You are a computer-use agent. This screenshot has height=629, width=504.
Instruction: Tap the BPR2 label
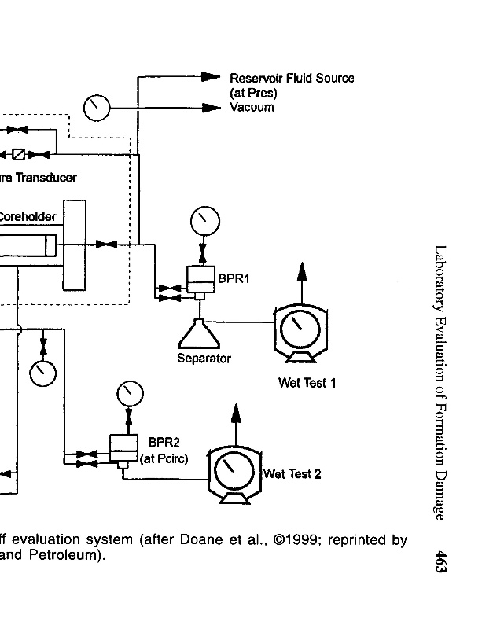[164, 442]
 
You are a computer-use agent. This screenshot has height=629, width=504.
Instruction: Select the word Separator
[204, 359]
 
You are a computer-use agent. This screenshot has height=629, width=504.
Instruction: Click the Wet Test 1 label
[307, 383]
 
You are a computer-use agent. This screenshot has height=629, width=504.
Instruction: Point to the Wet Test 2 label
[292, 473]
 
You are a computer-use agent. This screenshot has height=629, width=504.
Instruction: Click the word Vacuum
[252, 107]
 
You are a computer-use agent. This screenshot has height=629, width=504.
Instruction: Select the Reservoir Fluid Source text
[292, 79]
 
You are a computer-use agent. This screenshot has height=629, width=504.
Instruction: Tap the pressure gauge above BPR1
[204, 219]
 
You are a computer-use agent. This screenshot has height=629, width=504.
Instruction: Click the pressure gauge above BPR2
[129, 392]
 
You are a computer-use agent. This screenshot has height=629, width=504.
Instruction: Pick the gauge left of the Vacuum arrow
[96, 107]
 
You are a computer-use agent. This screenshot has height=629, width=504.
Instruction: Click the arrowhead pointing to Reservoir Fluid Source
[210, 77]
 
